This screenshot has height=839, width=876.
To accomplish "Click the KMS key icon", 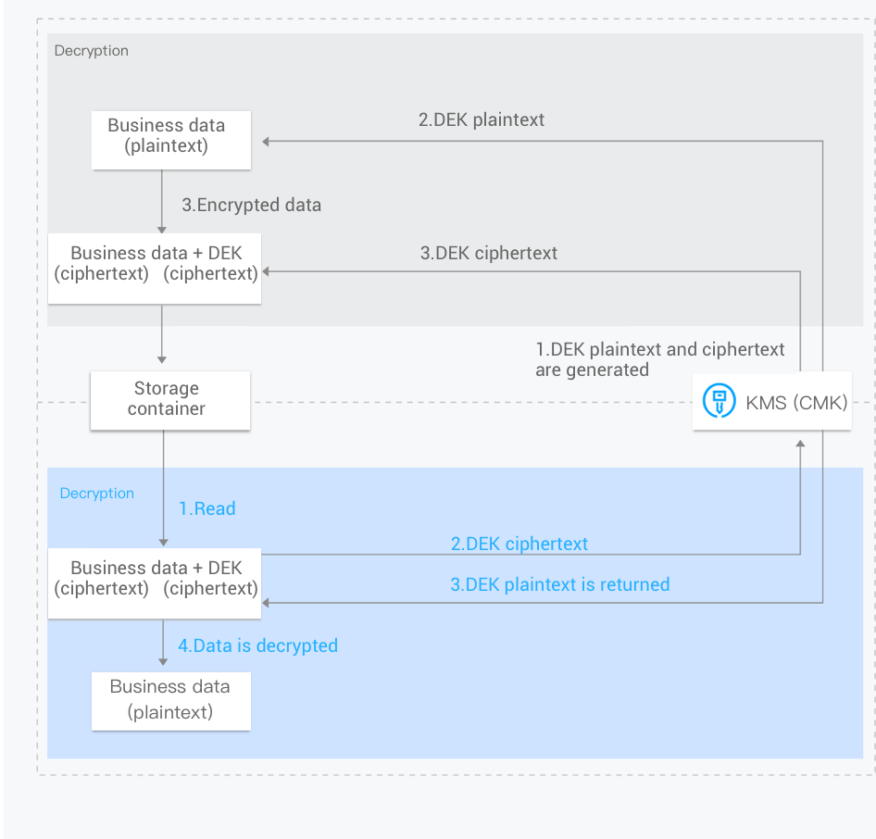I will pyautogui.click(x=719, y=402).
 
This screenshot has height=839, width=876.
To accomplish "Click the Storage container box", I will pyautogui.click(x=169, y=400).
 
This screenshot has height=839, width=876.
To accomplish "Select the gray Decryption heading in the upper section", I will pyautogui.click(x=91, y=51).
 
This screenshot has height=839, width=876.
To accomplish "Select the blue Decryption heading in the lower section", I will pyautogui.click(x=96, y=494).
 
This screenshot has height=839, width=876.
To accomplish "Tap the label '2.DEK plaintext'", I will pyautogui.click(x=482, y=119).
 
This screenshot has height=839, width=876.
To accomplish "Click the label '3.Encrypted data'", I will pyautogui.click(x=251, y=206).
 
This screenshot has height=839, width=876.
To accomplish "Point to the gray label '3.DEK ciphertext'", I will pyautogui.click(x=489, y=253).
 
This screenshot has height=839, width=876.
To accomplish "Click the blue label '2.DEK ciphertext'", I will pyautogui.click(x=519, y=544).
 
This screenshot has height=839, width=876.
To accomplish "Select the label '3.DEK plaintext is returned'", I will pyautogui.click(x=559, y=584).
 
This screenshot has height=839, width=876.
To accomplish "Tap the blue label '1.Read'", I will pyautogui.click(x=207, y=508).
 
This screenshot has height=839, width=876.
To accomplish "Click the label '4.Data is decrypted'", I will pyautogui.click(x=257, y=645).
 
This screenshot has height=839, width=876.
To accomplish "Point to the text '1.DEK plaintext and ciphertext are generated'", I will pyautogui.click(x=659, y=359).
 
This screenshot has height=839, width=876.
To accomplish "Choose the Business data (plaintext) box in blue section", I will pyautogui.click(x=170, y=700).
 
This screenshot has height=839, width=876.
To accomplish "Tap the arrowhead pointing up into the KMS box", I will pyautogui.click(x=800, y=445).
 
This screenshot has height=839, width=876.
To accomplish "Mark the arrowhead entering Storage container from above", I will pyautogui.click(x=162, y=358).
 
